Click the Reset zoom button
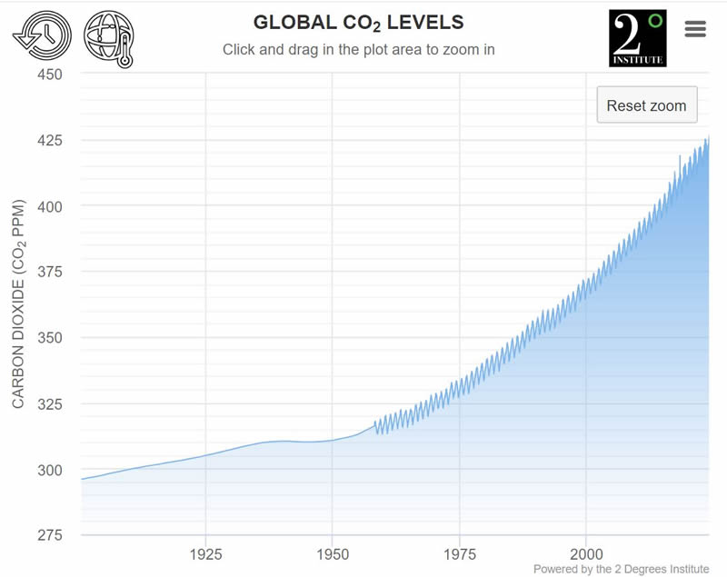pyautogui.click(x=646, y=105)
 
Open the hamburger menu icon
pyautogui.click(x=695, y=29)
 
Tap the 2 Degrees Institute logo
pyautogui.click(x=637, y=38)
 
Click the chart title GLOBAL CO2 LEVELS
pyautogui.click(x=358, y=22)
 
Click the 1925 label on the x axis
pyautogui.click(x=206, y=553)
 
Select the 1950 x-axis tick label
pyautogui.click(x=333, y=553)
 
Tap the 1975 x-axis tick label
pyautogui.click(x=460, y=553)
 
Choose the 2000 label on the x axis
pyautogui.click(x=586, y=553)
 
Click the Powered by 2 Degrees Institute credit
pyautogui.click(x=621, y=569)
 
